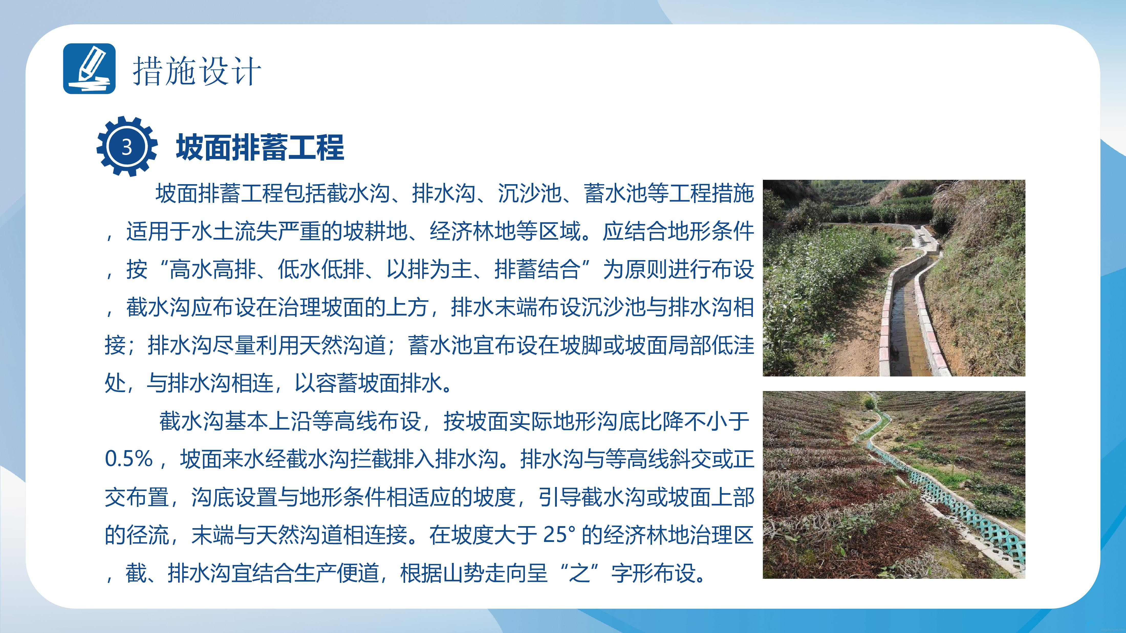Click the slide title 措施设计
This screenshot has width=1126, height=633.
(197, 71)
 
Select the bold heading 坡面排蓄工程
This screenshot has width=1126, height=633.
(260, 148)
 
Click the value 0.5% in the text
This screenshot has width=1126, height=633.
(129, 459)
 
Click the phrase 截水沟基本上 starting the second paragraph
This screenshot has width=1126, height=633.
(224, 421)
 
